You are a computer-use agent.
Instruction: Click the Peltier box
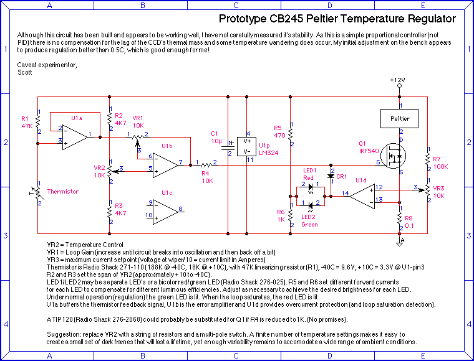399,117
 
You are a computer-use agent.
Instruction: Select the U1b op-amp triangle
165,164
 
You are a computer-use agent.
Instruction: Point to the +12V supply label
397,80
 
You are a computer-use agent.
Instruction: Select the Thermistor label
64,192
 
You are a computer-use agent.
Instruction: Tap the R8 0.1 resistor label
409,222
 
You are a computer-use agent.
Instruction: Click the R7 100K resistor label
441,163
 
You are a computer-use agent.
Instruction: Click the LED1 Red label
310,174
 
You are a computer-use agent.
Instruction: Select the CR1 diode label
341,177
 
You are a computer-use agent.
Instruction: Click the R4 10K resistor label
207,177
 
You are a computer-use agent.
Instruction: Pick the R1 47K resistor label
27,122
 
